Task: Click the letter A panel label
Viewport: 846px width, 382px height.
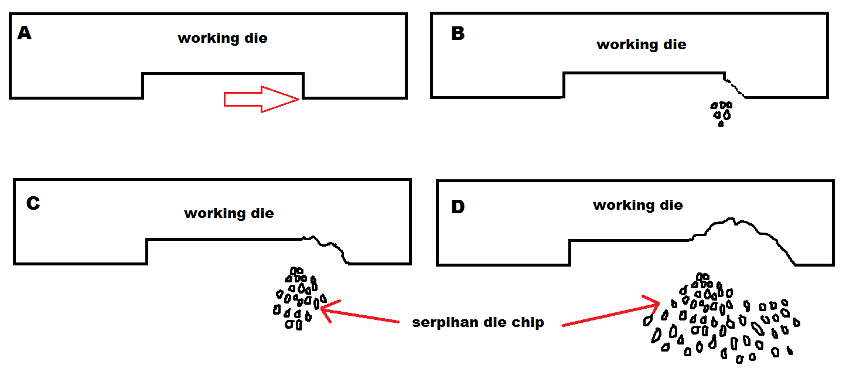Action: point(25,33)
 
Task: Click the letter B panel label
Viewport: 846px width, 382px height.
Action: point(458,34)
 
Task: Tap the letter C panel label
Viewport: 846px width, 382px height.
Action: point(33,203)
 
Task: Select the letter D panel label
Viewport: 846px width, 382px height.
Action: point(458,207)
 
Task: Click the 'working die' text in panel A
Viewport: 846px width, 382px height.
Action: point(223,39)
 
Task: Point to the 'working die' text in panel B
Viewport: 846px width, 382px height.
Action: point(641,45)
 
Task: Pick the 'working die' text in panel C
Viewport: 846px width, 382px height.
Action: point(229,213)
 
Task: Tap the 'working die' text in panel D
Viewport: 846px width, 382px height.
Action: point(637,205)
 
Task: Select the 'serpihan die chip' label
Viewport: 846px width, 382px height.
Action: point(477,322)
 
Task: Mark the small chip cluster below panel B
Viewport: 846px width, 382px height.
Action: point(721,113)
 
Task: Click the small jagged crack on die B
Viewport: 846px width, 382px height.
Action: point(735,86)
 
